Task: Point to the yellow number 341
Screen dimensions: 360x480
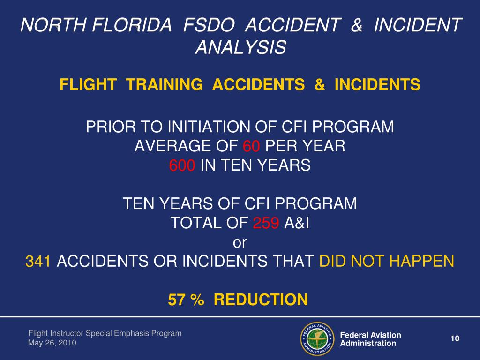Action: pyautogui.click(x=38, y=262)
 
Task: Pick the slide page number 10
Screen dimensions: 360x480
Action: pyautogui.click(x=454, y=339)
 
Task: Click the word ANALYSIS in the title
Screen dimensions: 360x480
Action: pyautogui.click(x=240, y=47)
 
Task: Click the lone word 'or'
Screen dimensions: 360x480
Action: pyautogui.click(x=240, y=243)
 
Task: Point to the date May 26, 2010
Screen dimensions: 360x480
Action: pyautogui.click(x=52, y=343)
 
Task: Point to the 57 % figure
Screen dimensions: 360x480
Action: pyautogui.click(x=186, y=299)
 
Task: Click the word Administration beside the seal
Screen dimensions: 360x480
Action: pyautogui.click(x=368, y=343)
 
